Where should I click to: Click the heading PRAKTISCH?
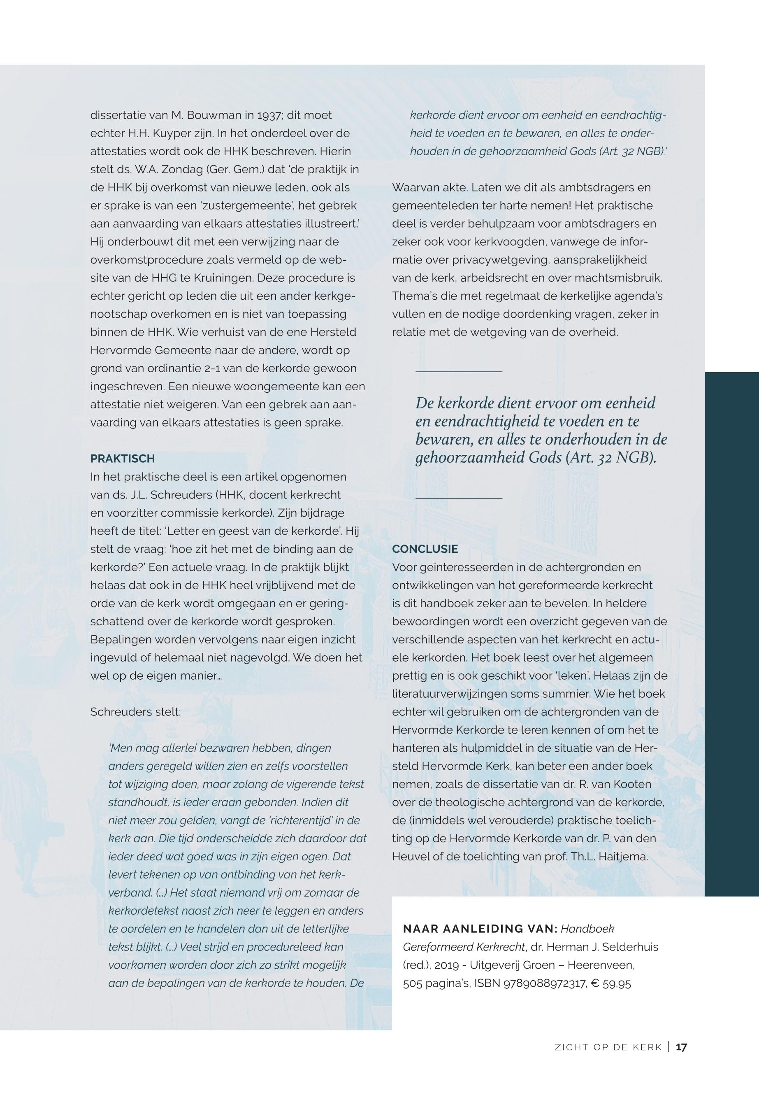(122, 459)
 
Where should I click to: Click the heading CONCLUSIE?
(425, 549)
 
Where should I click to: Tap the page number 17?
(681, 1060)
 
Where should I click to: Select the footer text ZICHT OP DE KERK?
(608, 1060)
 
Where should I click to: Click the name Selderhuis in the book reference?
(630, 947)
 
